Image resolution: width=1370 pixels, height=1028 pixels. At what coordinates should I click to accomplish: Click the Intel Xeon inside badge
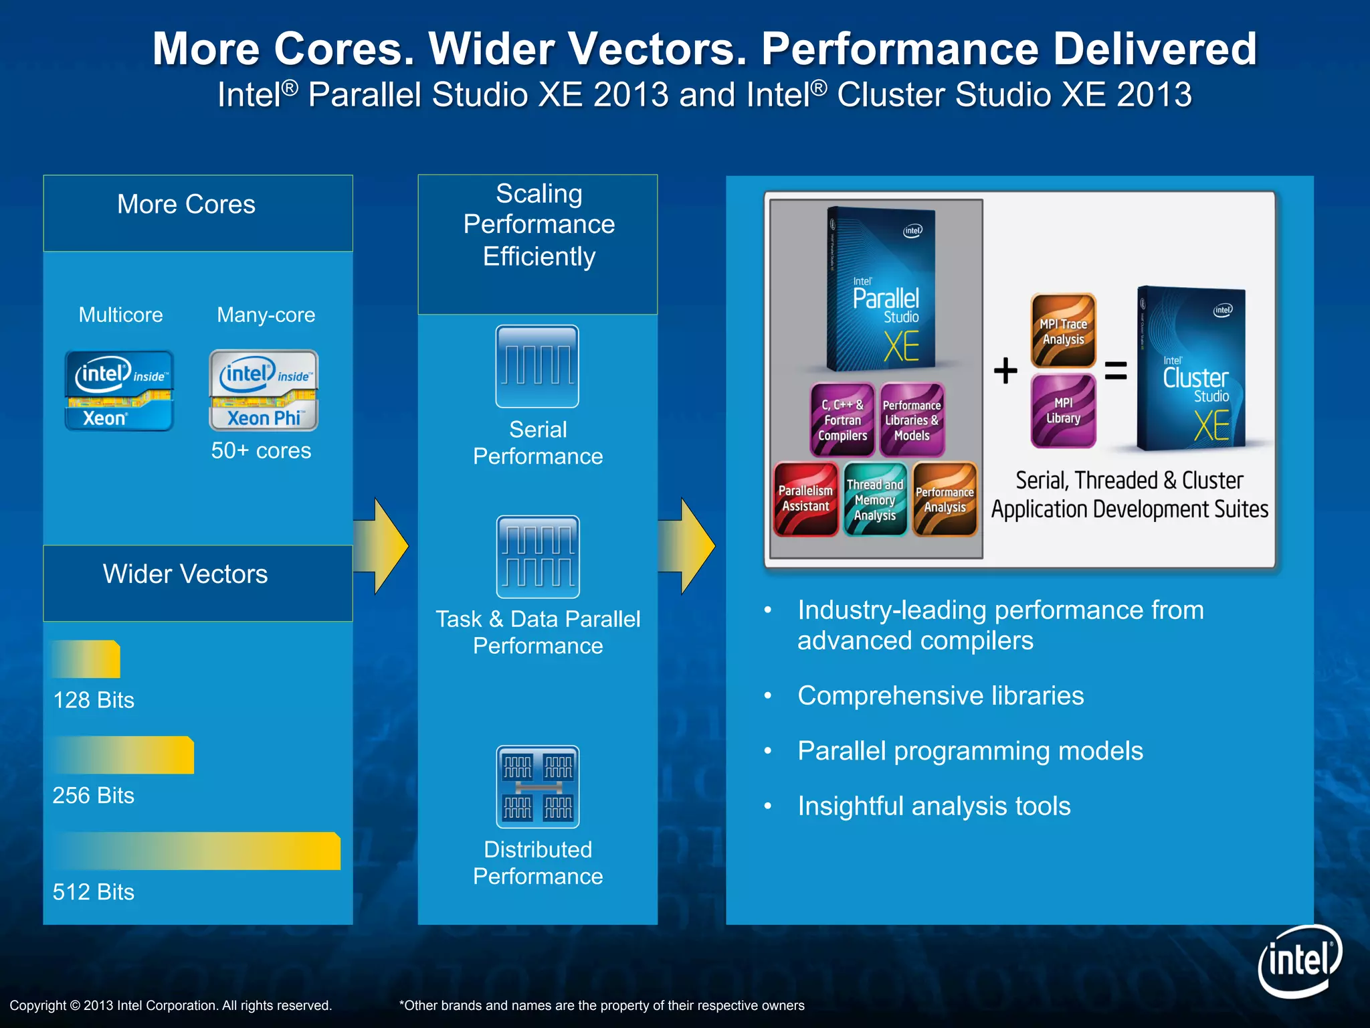(x=119, y=390)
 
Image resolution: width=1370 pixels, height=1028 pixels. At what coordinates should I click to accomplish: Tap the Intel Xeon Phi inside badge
(x=264, y=390)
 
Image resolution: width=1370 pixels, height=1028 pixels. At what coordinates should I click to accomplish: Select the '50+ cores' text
(x=261, y=450)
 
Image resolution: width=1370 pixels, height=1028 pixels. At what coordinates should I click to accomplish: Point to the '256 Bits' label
(x=93, y=795)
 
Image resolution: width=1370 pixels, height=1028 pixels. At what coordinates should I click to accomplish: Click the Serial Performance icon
(x=537, y=366)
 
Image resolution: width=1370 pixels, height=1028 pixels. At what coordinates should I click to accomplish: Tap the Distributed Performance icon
(x=537, y=786)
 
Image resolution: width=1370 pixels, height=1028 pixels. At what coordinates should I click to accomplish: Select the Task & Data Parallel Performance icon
(x=537, y=556)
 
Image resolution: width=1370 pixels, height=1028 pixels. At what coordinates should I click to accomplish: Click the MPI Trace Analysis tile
(x=1063, y=331)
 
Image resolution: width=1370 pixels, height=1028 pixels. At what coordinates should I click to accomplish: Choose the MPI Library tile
(x=1063, y=410)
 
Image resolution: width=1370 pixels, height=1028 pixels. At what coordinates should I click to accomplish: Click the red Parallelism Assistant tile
(x=805, y=499)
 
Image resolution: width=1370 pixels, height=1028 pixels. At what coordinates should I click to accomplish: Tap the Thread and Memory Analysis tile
(x=875, y=499)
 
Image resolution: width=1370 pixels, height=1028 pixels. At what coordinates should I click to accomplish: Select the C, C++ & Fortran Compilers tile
(x=842, y=420)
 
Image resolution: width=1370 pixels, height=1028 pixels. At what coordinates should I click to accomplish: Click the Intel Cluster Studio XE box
(x=1192, y=369)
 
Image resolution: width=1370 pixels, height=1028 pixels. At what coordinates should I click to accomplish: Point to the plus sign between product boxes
(x=1005, y=370)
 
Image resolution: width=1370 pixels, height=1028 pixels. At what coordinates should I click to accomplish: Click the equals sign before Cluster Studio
(x=1115, y=370)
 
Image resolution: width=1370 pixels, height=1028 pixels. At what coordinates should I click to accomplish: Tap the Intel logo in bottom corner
(x=1299, y=961)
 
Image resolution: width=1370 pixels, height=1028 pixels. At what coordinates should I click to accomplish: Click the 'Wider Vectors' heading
(x=185, y=574)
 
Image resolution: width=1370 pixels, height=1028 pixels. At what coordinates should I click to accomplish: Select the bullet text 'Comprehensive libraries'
(x=940, y=695)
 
